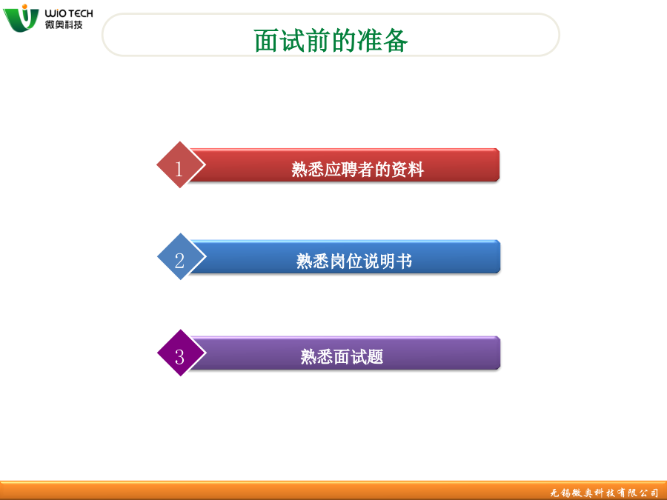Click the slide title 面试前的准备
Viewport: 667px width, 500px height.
coord(331,41)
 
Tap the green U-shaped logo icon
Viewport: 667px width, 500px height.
coord(21,19)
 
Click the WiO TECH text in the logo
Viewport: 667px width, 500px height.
coord(69,13)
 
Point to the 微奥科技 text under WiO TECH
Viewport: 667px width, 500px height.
coord(64,24)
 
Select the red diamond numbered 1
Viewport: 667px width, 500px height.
coord(180,164)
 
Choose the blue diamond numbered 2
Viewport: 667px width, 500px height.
coord(182,256)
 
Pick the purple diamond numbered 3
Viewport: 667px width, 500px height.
coord(182,353)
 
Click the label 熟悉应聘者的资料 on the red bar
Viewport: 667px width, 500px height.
coord(358,169)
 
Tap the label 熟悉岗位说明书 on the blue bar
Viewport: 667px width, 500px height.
coord(354,261)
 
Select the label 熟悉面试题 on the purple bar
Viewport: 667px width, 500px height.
coord(342,357)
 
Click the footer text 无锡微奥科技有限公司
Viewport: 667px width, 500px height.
coord(604,493)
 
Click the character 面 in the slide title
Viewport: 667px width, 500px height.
coord(267,41)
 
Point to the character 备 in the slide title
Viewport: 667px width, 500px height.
coord(396,41)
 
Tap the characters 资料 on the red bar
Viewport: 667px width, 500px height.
coord(408,169)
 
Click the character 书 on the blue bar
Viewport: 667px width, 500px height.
coord(405,261)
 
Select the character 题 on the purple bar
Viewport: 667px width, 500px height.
coord(376,357)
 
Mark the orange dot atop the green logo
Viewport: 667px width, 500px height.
coord(24,7)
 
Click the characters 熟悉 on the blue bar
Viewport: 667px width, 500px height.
coord(313,261)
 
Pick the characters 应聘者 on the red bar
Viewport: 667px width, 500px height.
coord(349,169)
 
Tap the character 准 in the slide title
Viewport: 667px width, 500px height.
coord(370,41)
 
